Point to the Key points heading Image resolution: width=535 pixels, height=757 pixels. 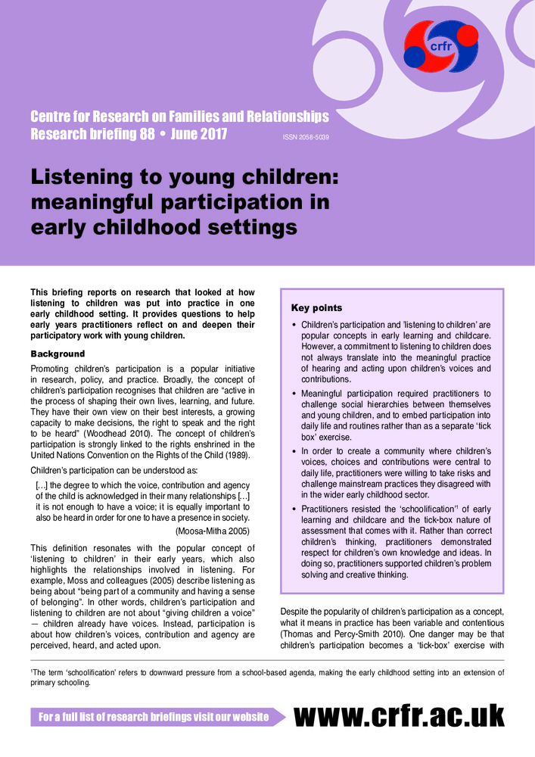click(x=316, y=308)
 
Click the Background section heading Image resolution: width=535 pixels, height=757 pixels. click(x=58, y=354)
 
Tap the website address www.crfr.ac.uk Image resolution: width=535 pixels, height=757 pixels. click(x=399, y=715)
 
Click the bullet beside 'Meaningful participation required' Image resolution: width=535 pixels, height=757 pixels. click(x=294, y=394)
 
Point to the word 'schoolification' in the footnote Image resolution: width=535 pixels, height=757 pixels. click(x=76, y=671)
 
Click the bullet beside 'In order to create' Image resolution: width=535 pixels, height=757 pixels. click(x=294, y=451)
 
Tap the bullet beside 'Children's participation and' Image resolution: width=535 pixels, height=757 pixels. click(x=294, y=325)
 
